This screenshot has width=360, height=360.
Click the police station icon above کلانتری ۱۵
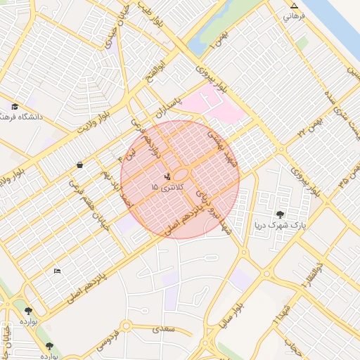[167, 177]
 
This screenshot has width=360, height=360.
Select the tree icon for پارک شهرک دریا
[280, 214]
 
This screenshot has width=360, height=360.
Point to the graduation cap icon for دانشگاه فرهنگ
[13, 107]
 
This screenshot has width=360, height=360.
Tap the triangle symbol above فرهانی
[294, 6]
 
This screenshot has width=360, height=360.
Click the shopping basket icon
[80, 165]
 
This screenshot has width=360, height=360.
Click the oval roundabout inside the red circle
[181, 174]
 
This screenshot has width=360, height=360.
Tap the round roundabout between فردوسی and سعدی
[127, 326]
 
